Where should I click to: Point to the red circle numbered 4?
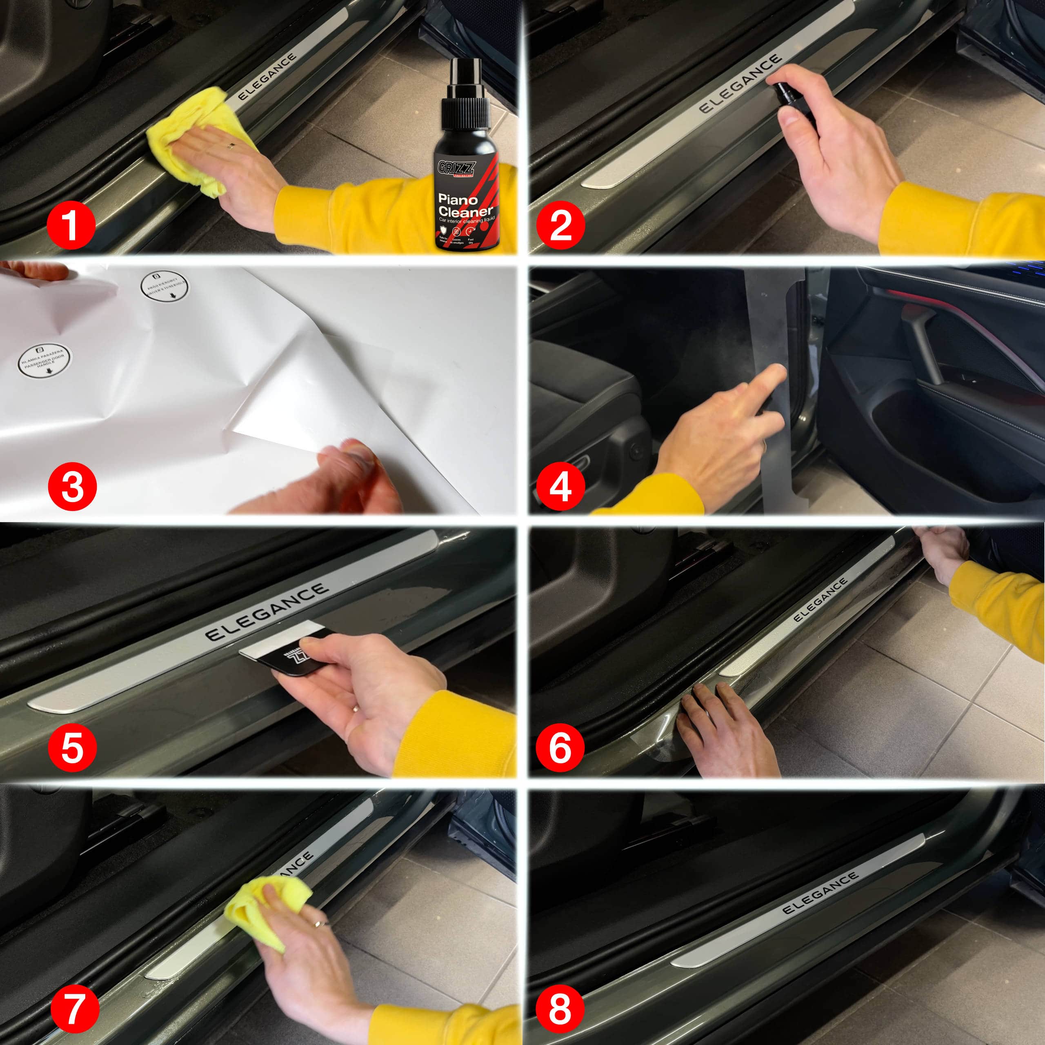point(560,486)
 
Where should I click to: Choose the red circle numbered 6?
point(560,748)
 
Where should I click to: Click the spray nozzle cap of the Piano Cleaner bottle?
point(466,92)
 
